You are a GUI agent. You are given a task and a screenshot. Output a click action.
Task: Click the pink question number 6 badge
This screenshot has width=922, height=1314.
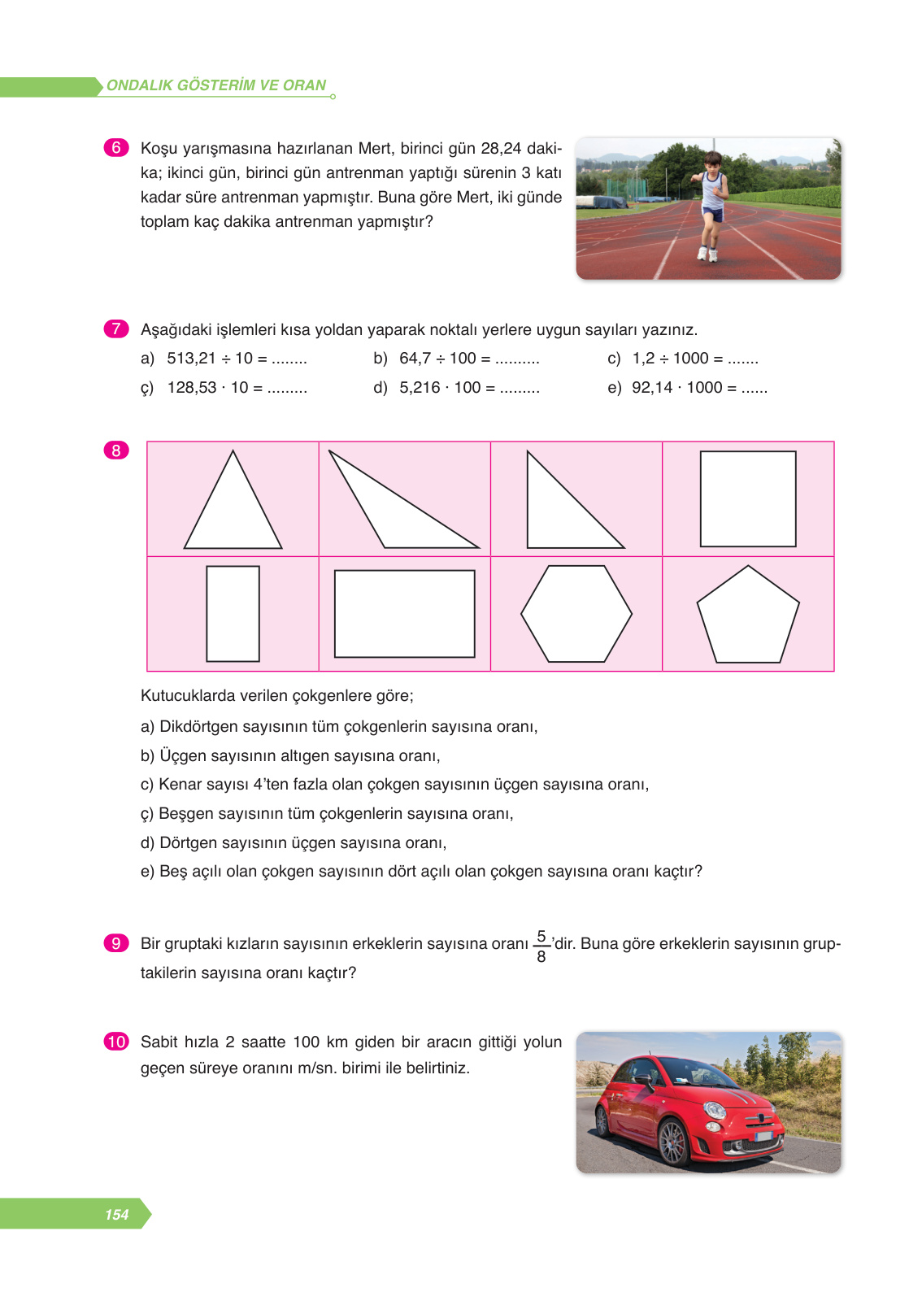coord(116,147)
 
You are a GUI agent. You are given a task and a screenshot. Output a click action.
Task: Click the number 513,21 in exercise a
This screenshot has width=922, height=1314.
coord(191,359)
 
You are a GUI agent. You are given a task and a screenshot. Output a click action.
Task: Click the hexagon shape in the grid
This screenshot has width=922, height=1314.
coord(576,614)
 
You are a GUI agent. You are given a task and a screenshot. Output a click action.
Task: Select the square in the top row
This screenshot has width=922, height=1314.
coord(748,498)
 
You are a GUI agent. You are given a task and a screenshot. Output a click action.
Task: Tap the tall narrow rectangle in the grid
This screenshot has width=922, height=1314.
coord(233,614)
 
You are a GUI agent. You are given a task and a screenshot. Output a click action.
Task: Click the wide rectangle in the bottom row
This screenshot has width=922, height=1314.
coord(404,614)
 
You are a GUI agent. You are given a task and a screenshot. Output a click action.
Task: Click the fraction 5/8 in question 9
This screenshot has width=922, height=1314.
coord(541,946)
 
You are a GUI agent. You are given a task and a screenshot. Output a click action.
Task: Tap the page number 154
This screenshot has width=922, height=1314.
coord(116,1214)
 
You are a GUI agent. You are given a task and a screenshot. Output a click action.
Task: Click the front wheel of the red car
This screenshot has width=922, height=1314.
coord(674,1142)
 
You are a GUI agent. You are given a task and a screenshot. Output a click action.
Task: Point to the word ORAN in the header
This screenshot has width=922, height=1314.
coord(304,85)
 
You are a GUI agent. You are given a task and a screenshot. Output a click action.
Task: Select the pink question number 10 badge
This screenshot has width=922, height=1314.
coord(116,1042)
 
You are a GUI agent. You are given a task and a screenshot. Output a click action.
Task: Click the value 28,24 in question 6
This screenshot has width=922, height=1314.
coord(501,148)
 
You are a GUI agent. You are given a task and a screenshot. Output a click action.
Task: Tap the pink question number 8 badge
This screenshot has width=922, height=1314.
coord(116,450)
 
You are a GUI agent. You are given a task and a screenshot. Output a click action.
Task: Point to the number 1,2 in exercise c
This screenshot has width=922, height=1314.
coord(643,359)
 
